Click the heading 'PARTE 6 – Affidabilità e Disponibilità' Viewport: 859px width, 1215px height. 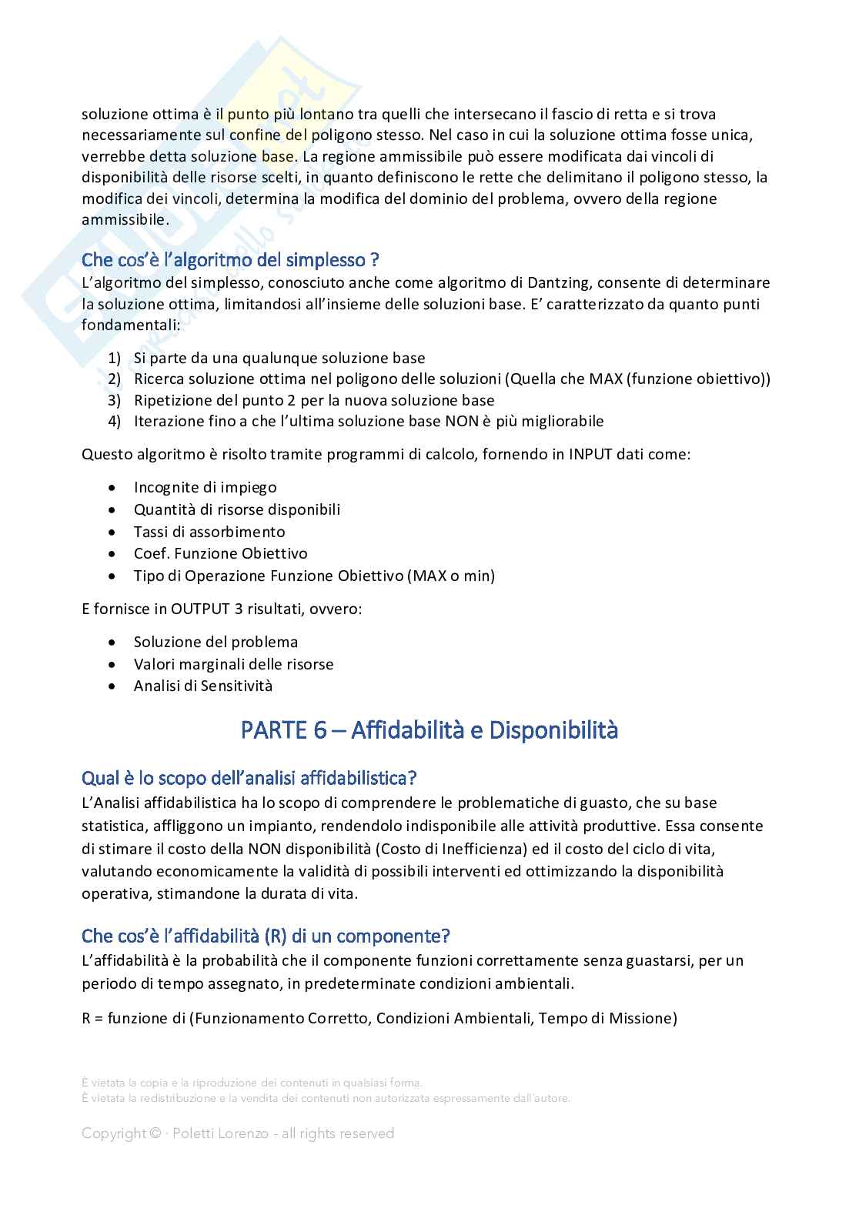click(x=429, y=730)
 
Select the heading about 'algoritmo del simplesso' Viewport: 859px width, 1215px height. click(x=230, y=259)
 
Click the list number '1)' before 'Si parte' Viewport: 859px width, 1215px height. click(x=115, y=359)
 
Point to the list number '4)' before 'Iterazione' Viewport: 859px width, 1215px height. click(x=115, y=422)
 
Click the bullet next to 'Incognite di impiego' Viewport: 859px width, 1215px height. click(x=114, y=488)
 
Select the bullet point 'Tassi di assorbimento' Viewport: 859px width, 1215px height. click(x=209, y=532)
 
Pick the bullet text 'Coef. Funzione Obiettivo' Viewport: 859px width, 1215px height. click(x=220, y=554)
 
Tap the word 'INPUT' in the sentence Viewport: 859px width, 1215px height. click(x=590, y=454)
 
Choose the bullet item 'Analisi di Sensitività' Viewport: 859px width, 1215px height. click(x=203, y=686)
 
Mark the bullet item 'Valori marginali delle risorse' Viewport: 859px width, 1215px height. click(x=233, y=664)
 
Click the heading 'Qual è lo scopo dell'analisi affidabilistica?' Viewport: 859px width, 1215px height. click(x=249, y=778)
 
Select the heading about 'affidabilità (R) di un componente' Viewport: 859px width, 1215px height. click(x=266, y=936)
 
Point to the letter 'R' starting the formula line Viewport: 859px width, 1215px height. click(x=86, y=1019)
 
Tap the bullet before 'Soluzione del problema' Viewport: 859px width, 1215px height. click(x=114, y=643)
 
